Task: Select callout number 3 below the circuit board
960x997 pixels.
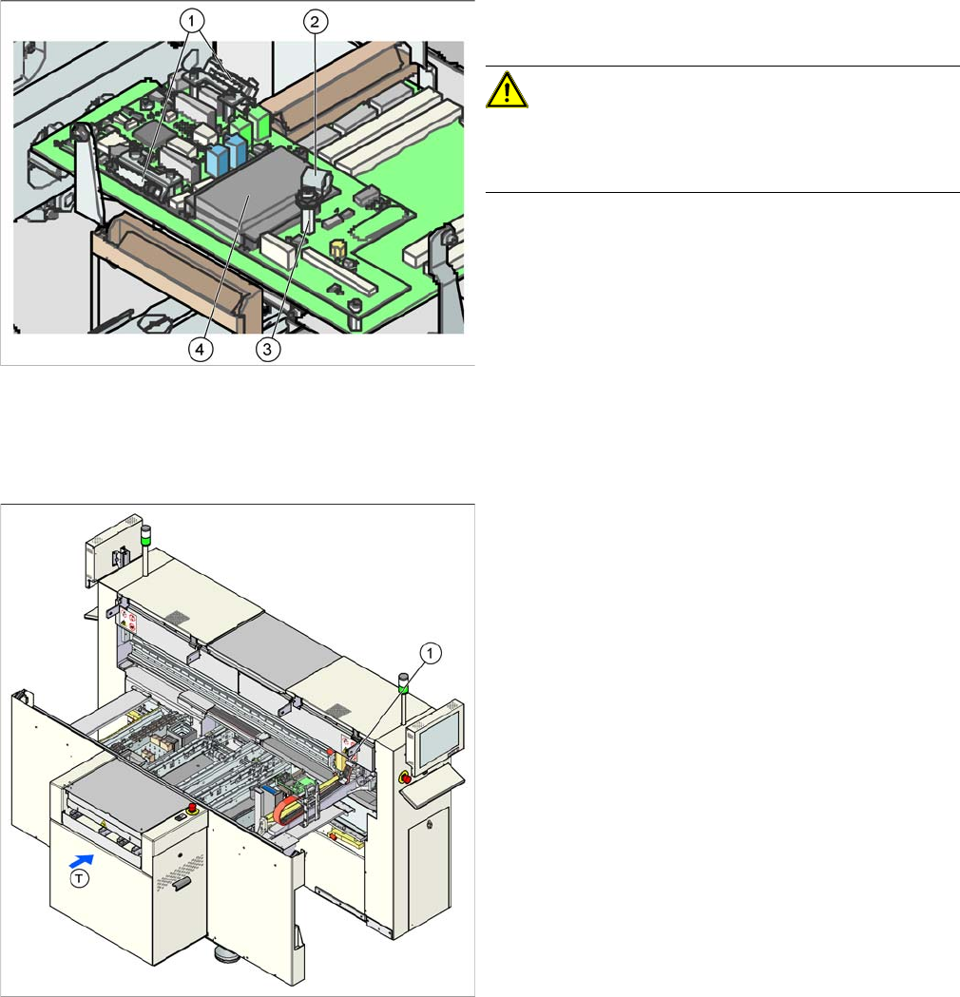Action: tap(269, 349)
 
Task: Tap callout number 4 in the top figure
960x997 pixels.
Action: tap(199, 349)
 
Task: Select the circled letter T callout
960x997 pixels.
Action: tap(83, 879)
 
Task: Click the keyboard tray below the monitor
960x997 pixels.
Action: tap(439, 780)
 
